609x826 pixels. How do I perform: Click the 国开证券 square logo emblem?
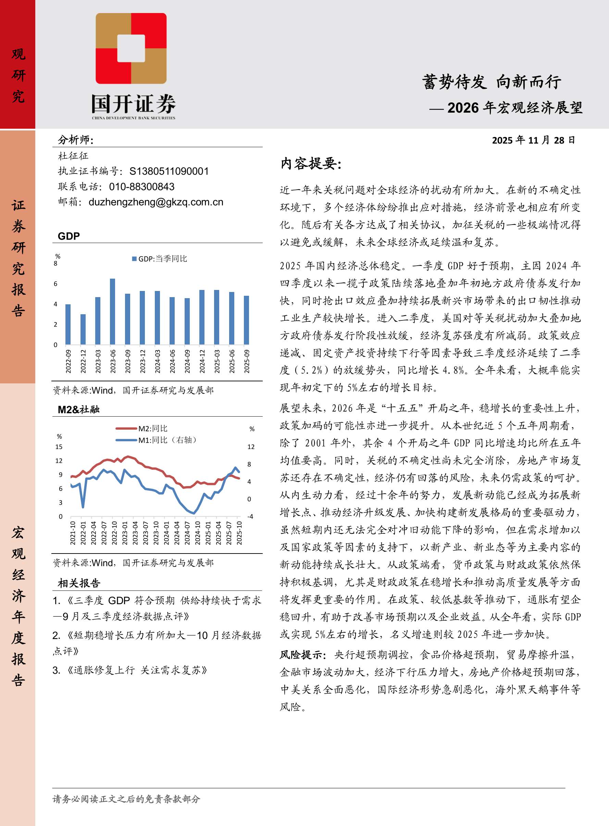131,48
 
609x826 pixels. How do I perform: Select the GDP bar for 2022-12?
83,329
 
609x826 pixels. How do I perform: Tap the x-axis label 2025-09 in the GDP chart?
247,361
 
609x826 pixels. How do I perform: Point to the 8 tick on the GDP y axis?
56,264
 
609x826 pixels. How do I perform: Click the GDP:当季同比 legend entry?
160,259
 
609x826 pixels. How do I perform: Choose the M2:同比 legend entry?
142,428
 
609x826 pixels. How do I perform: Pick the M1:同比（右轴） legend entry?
156,440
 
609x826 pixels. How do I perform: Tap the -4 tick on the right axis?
250,517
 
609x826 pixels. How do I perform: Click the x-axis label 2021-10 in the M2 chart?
73,533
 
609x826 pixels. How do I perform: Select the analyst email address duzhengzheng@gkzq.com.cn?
156,202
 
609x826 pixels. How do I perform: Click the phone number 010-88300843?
141,187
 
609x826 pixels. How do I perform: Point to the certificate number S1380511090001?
169,171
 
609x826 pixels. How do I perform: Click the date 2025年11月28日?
533,140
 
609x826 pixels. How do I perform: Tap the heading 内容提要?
311,164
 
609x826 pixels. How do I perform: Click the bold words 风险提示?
302,655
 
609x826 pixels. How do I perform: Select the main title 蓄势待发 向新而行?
492,82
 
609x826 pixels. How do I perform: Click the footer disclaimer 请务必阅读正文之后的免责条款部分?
126,799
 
